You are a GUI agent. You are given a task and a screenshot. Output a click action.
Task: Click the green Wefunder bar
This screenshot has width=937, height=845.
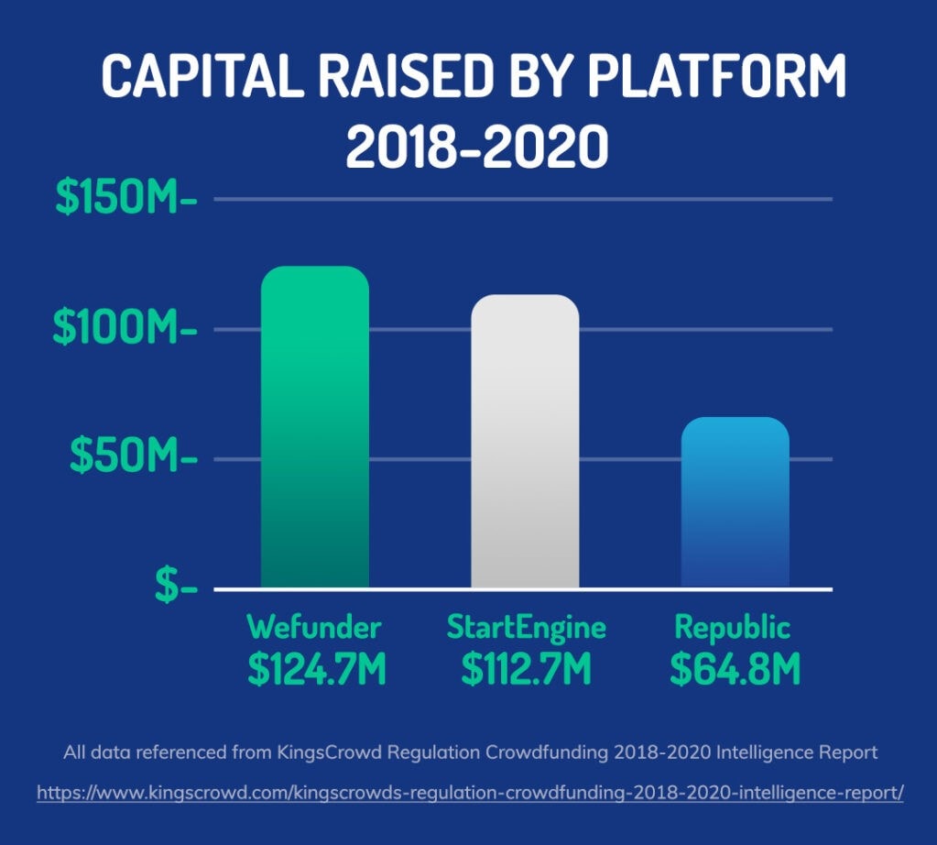[x=315, y=427]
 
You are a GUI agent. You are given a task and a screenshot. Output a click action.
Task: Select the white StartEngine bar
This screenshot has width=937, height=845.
[x=525, y=442]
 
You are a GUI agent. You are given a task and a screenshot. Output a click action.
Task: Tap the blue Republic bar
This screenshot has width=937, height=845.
[x=735, y=502]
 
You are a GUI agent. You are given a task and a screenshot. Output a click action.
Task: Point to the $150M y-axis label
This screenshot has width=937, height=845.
[x=126, y=197]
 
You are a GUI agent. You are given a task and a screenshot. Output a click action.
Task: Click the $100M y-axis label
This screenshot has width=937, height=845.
[x=125, y=327]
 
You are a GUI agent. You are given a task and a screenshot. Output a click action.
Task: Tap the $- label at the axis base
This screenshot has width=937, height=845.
[x=176, y=585]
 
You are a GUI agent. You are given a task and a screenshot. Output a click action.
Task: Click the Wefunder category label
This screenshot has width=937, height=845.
[x=314, y=627]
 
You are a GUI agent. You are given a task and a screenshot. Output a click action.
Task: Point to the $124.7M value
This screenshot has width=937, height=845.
[x=317, y=669]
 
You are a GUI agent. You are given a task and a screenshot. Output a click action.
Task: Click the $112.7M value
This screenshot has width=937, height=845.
[x=527, y=669]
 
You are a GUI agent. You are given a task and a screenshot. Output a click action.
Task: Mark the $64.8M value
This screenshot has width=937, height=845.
[x=735, y=669]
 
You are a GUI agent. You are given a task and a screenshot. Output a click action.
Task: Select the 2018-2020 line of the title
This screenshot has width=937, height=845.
[x=477, y=146]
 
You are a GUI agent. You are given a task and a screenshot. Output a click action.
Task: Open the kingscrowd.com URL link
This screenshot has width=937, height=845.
[x=470, y=793]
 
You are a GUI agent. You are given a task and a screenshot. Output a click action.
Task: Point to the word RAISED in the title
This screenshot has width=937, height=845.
[x=406, y=75]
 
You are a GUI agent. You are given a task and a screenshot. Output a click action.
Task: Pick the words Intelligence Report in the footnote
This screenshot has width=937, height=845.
[x=797, y=752]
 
